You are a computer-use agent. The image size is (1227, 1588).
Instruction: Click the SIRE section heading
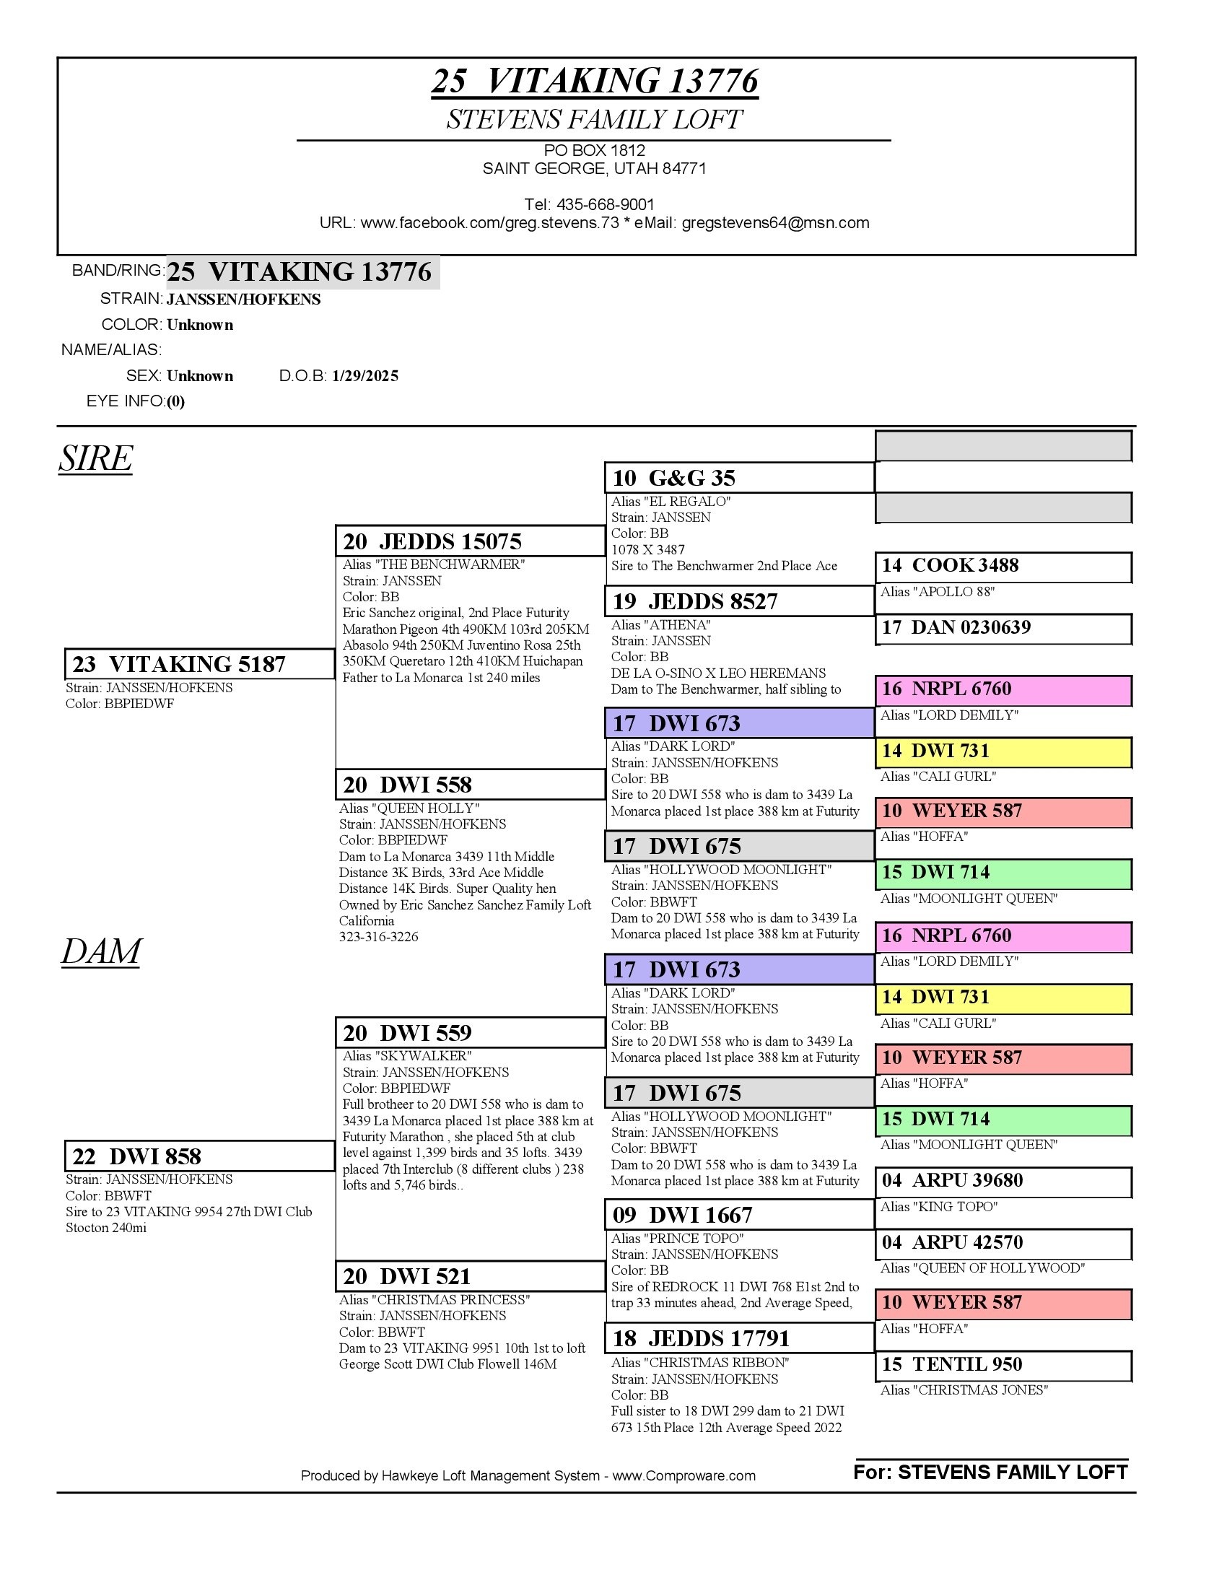95,458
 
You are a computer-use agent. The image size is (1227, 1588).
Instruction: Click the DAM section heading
101,951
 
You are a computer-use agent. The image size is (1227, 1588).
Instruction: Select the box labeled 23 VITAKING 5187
199,664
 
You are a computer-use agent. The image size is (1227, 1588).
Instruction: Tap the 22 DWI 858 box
199,1156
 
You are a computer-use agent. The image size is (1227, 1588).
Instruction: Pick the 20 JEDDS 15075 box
470,541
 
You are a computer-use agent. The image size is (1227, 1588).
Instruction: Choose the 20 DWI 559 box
470,1032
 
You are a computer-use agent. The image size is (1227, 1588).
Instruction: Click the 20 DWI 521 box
470,1276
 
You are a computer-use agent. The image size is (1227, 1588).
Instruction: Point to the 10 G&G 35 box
738,478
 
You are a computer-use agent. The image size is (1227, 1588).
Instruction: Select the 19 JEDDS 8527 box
738,601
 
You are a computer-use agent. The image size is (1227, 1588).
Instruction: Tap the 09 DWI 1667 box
738,1215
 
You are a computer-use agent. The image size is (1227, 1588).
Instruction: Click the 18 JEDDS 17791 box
738,1338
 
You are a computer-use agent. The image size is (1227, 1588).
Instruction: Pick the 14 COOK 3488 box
1003,566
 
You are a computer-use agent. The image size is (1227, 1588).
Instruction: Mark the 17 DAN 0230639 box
1003,627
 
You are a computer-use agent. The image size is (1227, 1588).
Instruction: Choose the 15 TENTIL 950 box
1003,1364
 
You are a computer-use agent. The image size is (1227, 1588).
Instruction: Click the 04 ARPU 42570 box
1003,1242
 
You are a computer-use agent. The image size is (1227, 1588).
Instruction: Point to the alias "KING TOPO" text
938,1207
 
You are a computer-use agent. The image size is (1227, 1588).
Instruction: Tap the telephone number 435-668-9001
605,205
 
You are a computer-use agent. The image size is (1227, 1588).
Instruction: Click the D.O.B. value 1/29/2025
365,376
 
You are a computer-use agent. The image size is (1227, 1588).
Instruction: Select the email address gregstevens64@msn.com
775,223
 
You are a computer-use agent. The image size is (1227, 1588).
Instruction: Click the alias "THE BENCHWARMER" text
434,565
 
